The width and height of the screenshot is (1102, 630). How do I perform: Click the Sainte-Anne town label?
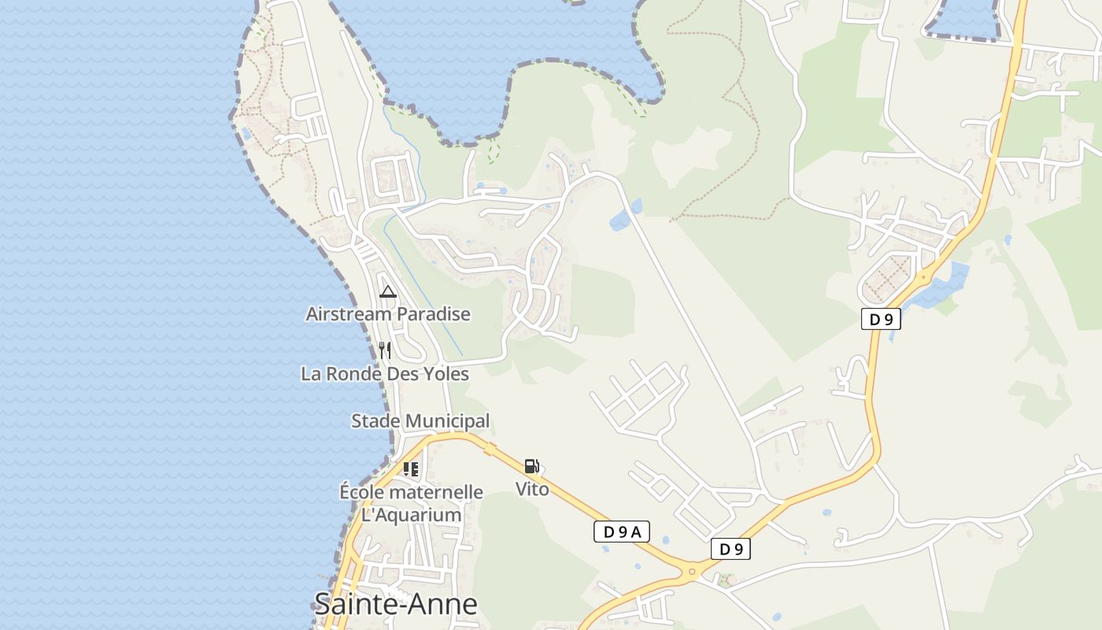pyautogui.click(x=395, y=605)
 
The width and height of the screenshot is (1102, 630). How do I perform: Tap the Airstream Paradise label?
pyautogui.click(x=388, y=314)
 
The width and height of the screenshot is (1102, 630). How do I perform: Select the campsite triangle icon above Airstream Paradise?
pyautogui.click(x=387, y=292)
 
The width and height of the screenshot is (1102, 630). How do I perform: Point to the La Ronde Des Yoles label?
pyautogui.click(x=385, y=374)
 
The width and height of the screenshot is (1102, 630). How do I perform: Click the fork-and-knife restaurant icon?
pyautogui.click(x=385, y=350)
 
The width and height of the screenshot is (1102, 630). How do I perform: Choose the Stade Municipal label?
pyautogui.click(x=420, y=421)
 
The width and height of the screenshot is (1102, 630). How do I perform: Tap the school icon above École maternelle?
pyautogui.click(x=411, y=469)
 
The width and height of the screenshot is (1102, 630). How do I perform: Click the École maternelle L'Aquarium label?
pyautogui.click(x=411, y=504)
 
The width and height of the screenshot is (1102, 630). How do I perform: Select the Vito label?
pyautogui.click(x=532, y=489)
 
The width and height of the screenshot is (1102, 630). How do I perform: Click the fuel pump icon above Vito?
pyautogui.click(x=532, y=467)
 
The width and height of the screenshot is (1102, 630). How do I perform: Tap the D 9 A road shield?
pyautogui.click(x=621, y=532)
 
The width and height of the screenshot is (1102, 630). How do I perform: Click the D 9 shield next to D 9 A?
pyautogui.click(x=730, y=549)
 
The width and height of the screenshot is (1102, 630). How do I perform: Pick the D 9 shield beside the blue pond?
pyautogui.click(x=881, y=320)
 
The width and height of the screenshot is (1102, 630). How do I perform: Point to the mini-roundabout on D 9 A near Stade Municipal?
pyautogui.click(x=490, y=449)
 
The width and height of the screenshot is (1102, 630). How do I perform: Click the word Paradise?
pyautogui.click(x=433, y=314)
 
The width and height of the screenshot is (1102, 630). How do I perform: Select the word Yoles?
pyautogui.click(x=447, y=374)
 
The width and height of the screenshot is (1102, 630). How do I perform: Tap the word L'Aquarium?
pyautogui.click(x=411, y=515)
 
